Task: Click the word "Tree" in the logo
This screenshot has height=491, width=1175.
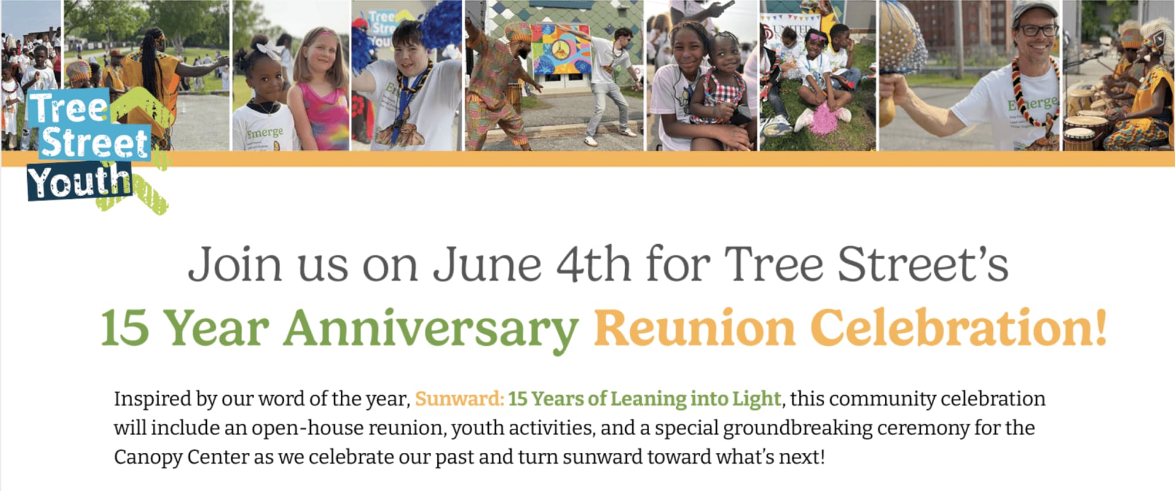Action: click(69, 108)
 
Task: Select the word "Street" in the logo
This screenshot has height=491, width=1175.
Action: click(95, 143)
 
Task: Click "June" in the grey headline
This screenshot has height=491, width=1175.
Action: click(487, 265)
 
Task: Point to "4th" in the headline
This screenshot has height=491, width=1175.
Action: click(593, 264)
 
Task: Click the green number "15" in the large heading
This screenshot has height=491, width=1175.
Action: click(125, 328)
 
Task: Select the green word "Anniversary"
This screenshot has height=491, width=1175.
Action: click(431, 329)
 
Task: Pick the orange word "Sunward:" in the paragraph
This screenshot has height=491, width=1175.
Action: click(459, 399)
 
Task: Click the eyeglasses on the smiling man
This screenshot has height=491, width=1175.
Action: click(1037, 29)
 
